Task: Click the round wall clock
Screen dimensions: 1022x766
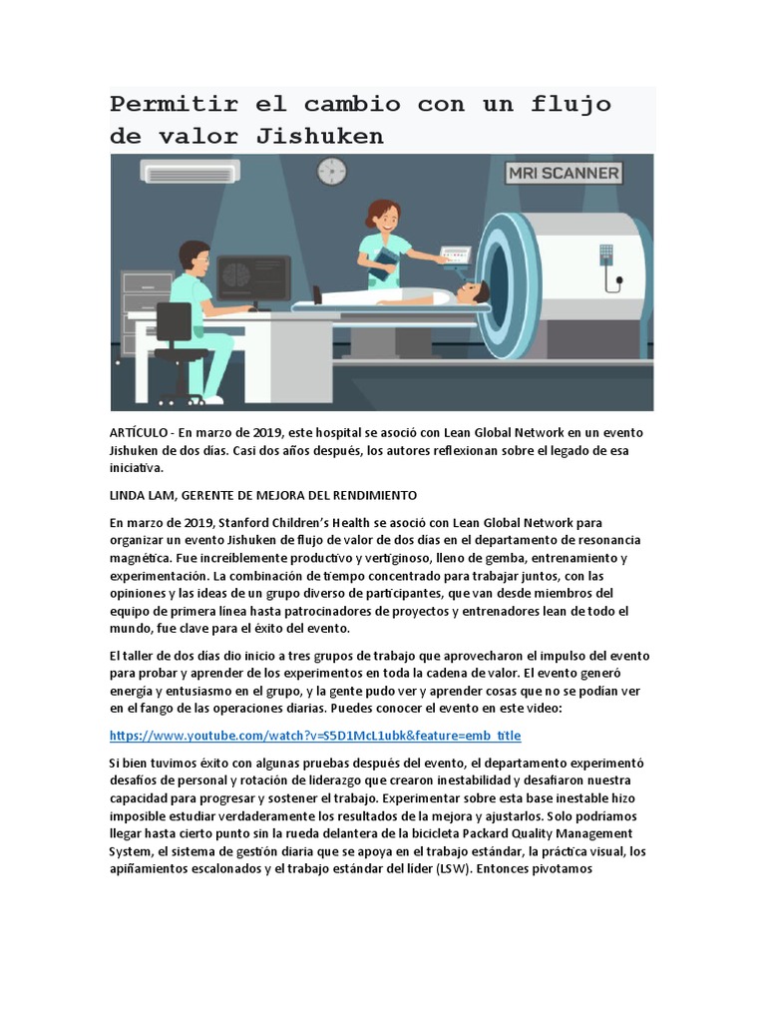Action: [331, 171]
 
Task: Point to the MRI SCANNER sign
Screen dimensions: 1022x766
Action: [565, 173]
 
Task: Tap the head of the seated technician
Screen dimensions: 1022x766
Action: [195, 257]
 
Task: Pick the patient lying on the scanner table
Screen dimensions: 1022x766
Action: [419, 293]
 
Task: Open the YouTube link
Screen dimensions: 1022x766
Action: [314, 736]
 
